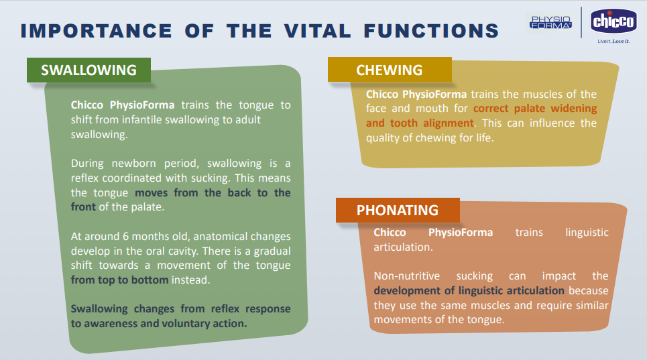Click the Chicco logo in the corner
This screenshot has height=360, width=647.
click(613, 21)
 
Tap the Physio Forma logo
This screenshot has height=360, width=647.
click(550, 22)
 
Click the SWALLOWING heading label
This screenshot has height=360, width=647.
click(89, 70)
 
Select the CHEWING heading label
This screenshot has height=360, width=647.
click(390, 70)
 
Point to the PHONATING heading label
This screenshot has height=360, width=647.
click(398, 211)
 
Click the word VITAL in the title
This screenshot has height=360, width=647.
click(317, 31)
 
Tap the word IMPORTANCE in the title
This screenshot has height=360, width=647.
click(96, 31)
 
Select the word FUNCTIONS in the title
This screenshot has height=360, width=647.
click(431, 31)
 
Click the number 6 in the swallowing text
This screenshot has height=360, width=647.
click(126, 236)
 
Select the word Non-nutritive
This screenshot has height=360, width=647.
click(406, 276)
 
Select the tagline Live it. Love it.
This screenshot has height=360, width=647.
click(613, 42)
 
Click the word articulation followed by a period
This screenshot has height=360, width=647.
click(403, 247)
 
